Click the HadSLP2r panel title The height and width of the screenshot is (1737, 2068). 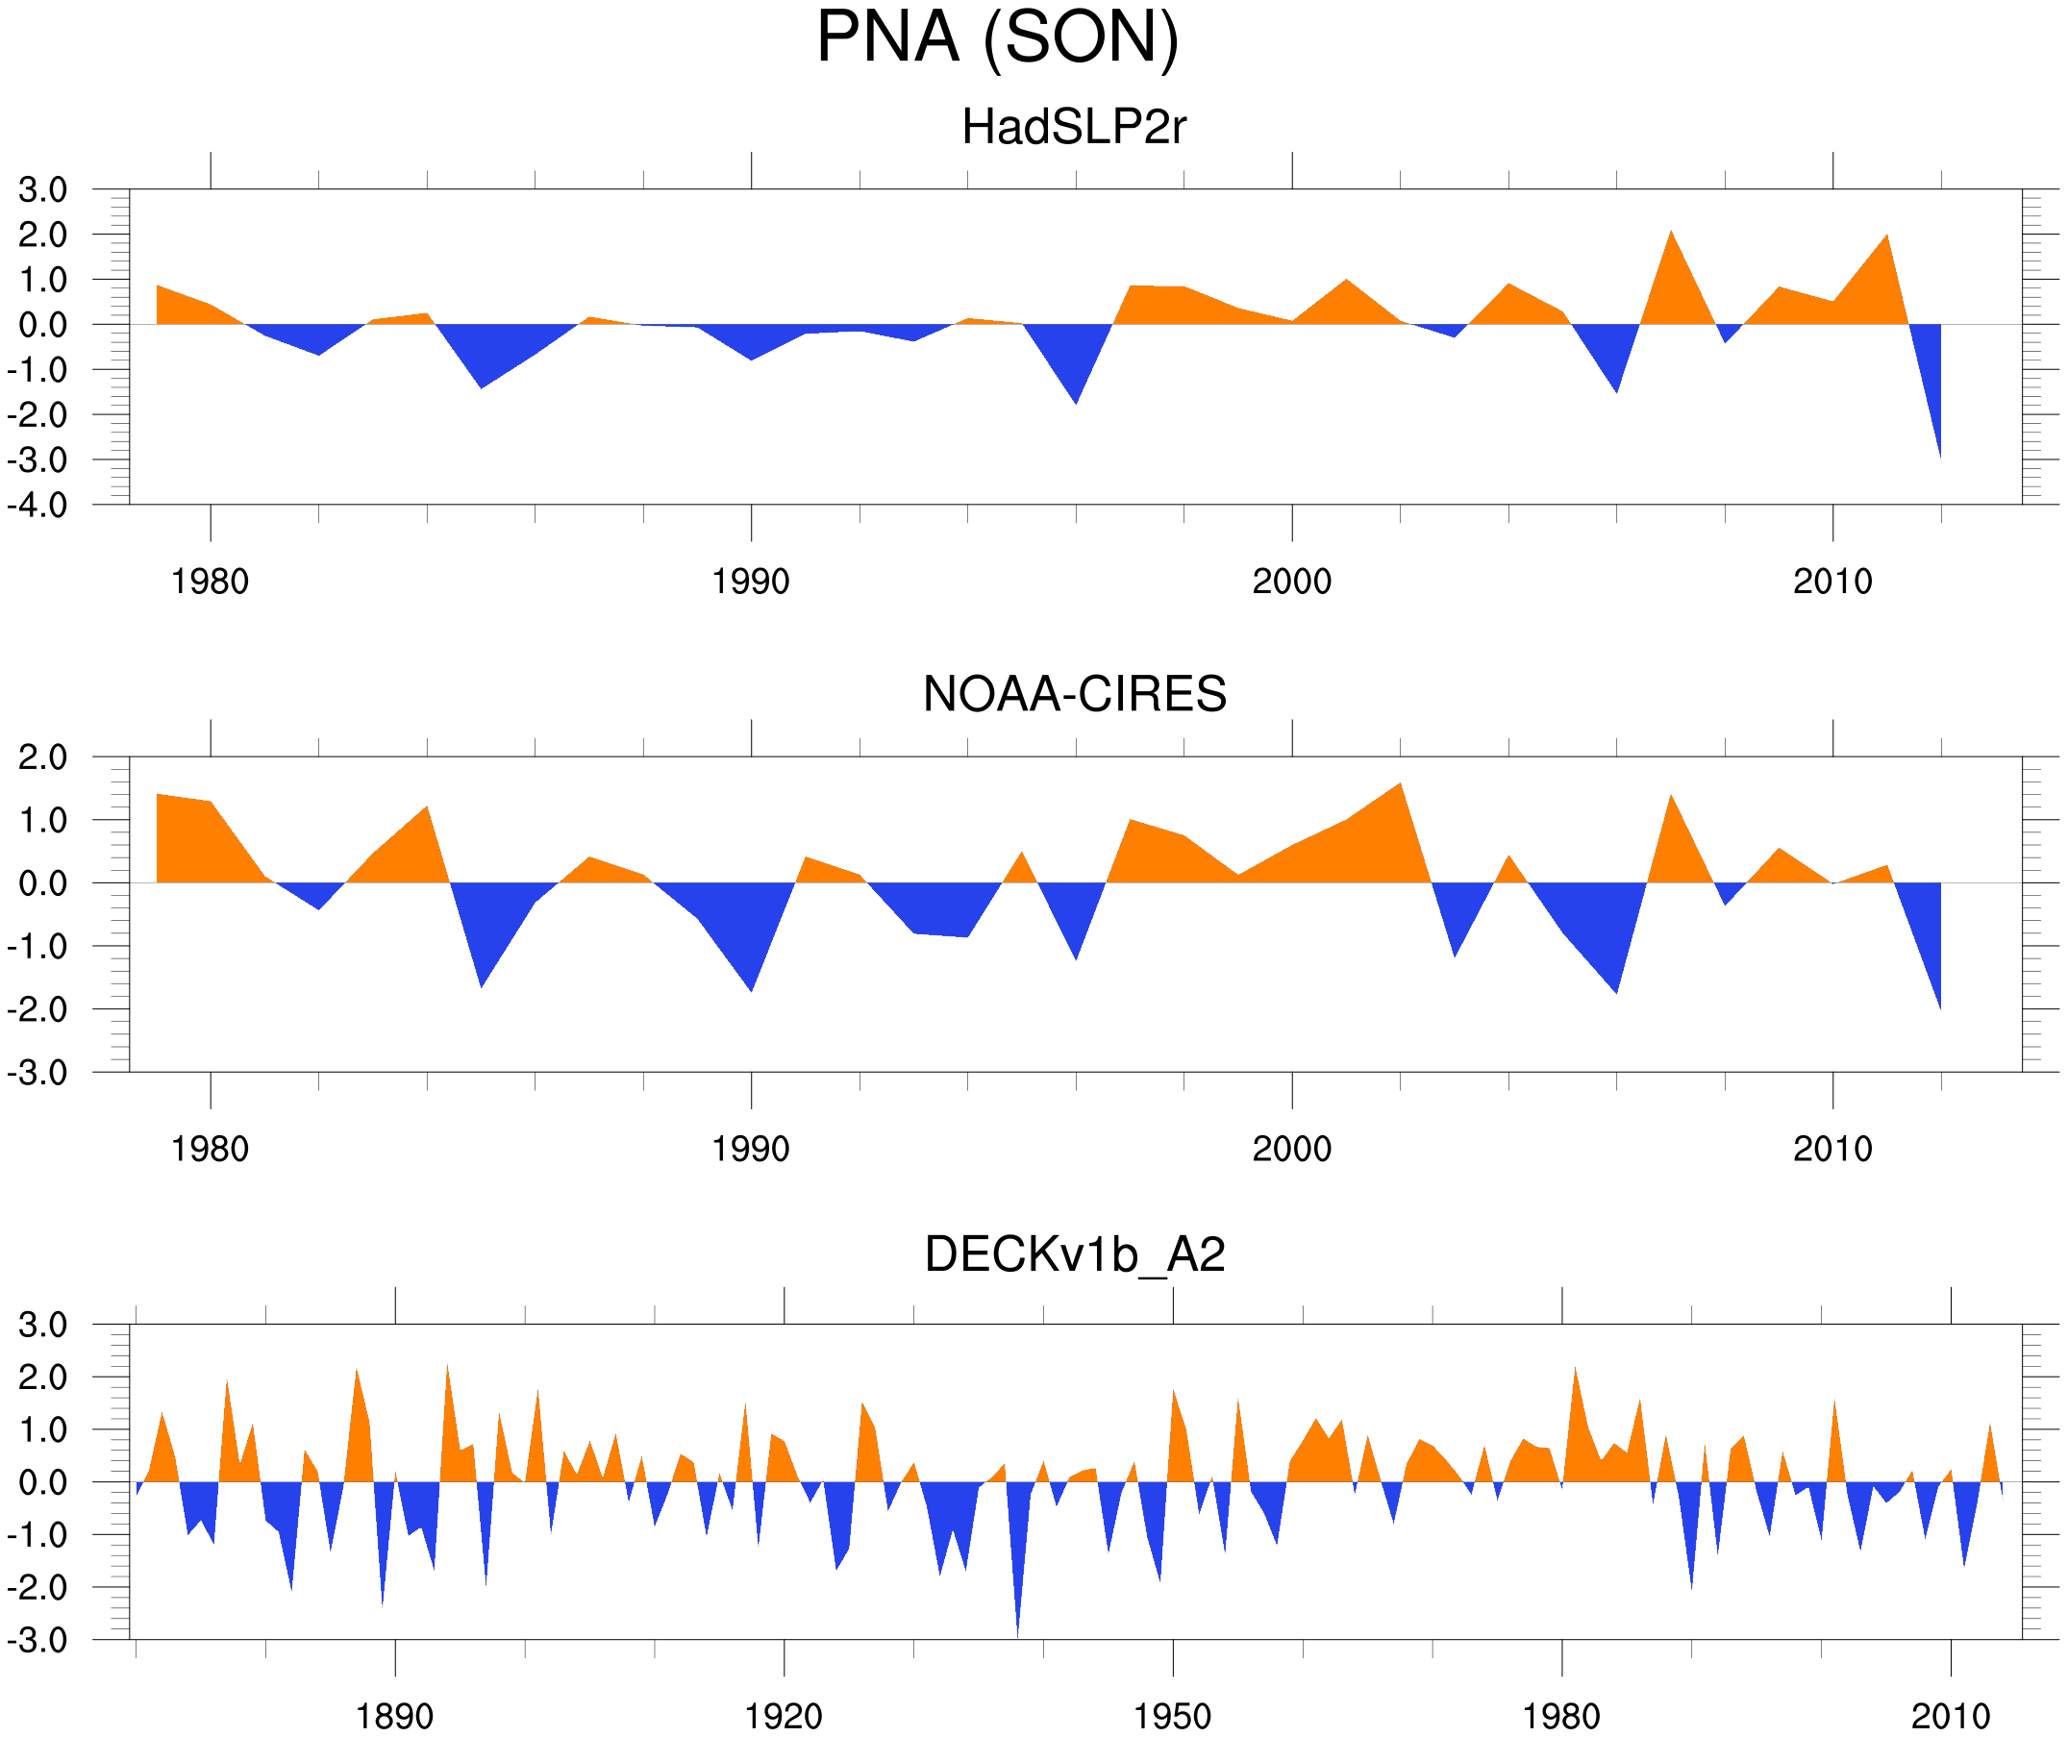click(1073, 128)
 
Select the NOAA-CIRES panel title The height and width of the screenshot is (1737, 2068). click(1074, 694)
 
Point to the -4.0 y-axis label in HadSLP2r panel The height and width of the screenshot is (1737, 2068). click(37, 507)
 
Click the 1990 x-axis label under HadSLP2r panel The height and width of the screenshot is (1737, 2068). click(751, 582)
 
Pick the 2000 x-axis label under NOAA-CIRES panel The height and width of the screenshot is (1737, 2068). click(1291, 1149)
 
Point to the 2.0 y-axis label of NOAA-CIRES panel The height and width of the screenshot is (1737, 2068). click(42, 758)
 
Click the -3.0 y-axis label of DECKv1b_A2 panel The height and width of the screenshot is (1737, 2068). click(37, 1641)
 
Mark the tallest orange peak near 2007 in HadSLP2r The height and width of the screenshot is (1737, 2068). click(1671, 236)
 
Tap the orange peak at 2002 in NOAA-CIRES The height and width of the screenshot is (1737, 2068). click(1400, 788)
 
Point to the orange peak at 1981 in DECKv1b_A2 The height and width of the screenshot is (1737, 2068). click(1575, 1374)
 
